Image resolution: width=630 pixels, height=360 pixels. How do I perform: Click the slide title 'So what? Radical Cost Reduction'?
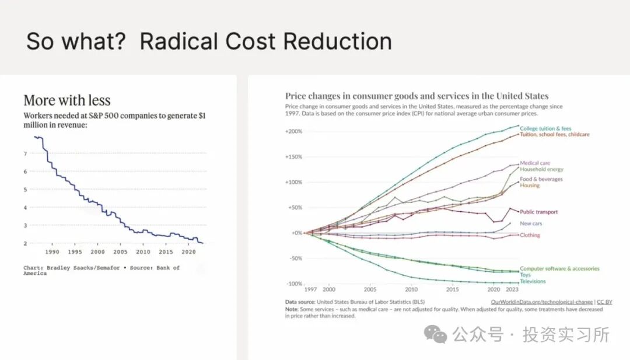tap(209, 42)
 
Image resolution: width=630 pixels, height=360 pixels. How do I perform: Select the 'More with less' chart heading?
tap(67, 100)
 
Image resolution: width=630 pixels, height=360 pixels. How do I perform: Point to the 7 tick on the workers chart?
tap(25, 153)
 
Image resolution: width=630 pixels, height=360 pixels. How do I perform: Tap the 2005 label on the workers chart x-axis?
tap(120, 252)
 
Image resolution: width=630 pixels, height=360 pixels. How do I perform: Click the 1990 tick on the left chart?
tap(52, 252)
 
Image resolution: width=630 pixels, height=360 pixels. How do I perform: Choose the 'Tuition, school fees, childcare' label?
tap(555, 135)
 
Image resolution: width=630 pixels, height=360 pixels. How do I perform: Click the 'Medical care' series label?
tap(535, 163)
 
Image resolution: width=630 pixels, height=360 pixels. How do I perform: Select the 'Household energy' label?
tap(542, 169)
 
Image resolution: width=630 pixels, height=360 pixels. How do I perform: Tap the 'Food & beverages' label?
tap(541, 179)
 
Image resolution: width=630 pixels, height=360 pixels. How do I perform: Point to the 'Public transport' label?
tap(538, 212)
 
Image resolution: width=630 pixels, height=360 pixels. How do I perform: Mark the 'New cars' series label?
tap(531, 223)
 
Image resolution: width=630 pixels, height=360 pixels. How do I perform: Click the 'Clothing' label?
tap(530, 235)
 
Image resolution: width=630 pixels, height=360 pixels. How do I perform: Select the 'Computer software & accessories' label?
tap(559, 269)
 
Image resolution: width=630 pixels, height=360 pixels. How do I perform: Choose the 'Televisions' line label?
tap(533, 281)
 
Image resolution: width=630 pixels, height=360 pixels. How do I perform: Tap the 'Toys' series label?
tap(526, 275)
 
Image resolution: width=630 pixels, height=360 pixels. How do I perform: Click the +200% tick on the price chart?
tap(293, 131)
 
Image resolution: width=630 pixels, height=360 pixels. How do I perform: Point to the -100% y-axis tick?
tap(293, 284)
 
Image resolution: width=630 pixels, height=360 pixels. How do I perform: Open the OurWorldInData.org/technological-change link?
tap(542, 302)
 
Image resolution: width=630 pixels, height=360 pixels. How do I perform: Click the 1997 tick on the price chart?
tap(310, 289)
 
